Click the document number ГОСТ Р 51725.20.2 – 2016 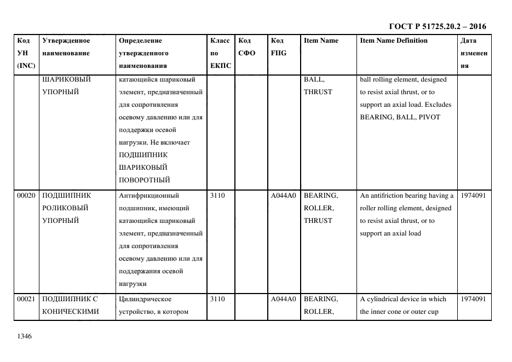[437, 26]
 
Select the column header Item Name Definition [393, 41]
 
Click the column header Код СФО [245, 47]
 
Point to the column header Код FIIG [278, 47]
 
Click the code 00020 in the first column [26, 196]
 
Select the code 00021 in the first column [26, 300]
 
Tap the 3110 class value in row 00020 [217, 196]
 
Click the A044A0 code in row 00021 [283, 300]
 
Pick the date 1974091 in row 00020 [473, 196]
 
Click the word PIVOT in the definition [430, 117]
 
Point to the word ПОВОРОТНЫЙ [144, 180]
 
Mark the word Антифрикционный [149, 196]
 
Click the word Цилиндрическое [145, 300]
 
